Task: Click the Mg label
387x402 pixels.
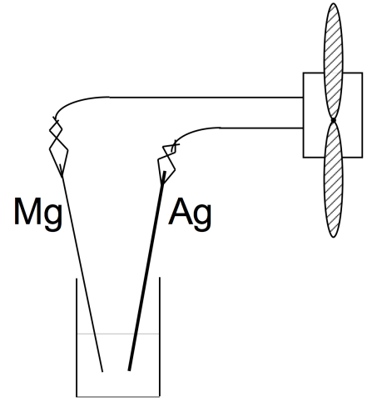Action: pyautogui.click(x=38, y=214)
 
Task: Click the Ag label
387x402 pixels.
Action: pyautogui.click(x=190, y=214)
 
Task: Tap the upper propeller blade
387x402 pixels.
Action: pyautogui.click(x=333, y=61)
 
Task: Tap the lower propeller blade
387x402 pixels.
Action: pyautogui.click(x=333, y=179)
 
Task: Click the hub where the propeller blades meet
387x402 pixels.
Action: pyautogui.click(x=333, y=120)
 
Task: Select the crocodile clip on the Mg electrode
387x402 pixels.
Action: pyautogui.click(x=58, y=148)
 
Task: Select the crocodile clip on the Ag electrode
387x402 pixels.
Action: pyautogui.click(x=167, y=163)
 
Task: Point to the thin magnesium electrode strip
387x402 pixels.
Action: pyautogui.click(x=82, y=274)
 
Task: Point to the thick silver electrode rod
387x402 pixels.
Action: pyautogui.click(x=146, y=271)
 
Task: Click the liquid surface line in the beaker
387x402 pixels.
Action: pyautogui.click(x=118, y=334)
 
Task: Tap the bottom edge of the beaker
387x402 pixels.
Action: pyautogui.click(x=118, y=396)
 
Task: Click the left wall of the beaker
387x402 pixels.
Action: pyautogui.click(x=77, y=338)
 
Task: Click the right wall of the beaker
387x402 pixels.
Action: pyautogui.click(x=160, y=337)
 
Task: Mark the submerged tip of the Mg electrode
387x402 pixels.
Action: pyautogui.click(x=102, y=371)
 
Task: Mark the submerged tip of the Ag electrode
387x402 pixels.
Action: pyautogui.click(x=129, y=369)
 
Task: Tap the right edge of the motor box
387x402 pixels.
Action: pyautogui.click(x=362, y=115)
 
